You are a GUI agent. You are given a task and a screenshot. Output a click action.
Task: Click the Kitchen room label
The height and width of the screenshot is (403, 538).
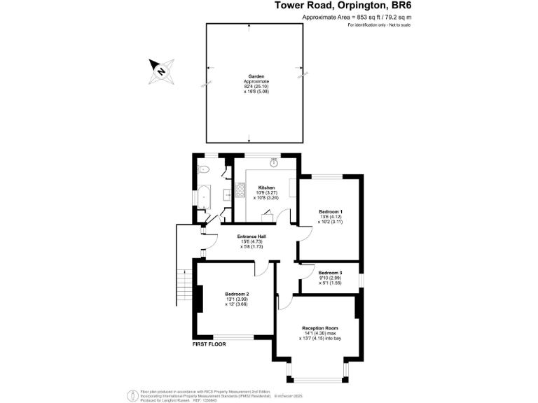click(x=266, y=188)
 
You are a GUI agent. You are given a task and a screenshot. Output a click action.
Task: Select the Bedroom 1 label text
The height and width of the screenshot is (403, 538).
click(x=331, y=211)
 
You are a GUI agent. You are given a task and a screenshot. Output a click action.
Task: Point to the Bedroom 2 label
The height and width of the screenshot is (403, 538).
click(x=237, y=294)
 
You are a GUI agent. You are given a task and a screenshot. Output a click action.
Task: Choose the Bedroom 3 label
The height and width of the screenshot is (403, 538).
click(x=330, y=272)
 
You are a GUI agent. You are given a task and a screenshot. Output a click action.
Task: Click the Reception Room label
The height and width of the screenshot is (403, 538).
click(x=320, y=327)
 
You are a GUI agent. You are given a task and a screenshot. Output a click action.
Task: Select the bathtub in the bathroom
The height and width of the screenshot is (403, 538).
click(x=204, y=197)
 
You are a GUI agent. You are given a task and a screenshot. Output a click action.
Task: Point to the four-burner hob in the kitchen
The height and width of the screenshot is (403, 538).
click(x=241, y=190)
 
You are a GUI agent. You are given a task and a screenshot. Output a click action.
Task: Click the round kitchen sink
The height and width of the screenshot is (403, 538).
click(x=274, y=162)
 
